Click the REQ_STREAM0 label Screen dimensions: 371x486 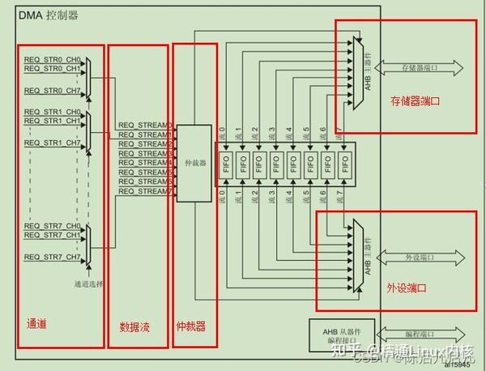[x=145, y=125]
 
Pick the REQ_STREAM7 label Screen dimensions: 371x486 [x=145, y=191]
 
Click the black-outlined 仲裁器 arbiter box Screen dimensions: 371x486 [x=194, y=163]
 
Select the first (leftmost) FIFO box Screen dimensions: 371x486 [x=226, y=162]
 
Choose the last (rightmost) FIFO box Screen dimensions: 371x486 [x=345, y=162]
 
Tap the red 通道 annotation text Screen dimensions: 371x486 [x=36, y=324]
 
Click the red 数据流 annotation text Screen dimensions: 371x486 [x=134, y=327]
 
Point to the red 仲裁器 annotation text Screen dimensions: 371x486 [x=190, y=327]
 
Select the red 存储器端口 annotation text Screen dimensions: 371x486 [x=414, y=102]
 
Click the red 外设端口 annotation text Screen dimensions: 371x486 [x=407, y=288]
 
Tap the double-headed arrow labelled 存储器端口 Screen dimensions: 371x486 [x=419, y=66]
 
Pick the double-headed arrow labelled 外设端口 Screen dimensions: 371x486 [x=419, y=258]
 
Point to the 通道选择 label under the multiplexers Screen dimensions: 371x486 [x=88, y=284]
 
